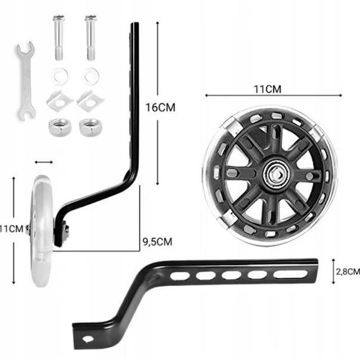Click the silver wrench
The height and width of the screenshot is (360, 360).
(x=26, y=80)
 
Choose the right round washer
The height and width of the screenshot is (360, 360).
(x=91, y=76)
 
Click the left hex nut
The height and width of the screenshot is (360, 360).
(x=60, y=127)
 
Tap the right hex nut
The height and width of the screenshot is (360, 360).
(x=90, y=127)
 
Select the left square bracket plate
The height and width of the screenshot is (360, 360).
(x=59, y=101)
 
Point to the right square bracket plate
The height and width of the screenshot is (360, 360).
(x=90, y=101)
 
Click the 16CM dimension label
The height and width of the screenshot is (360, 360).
(x=160, y=108)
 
